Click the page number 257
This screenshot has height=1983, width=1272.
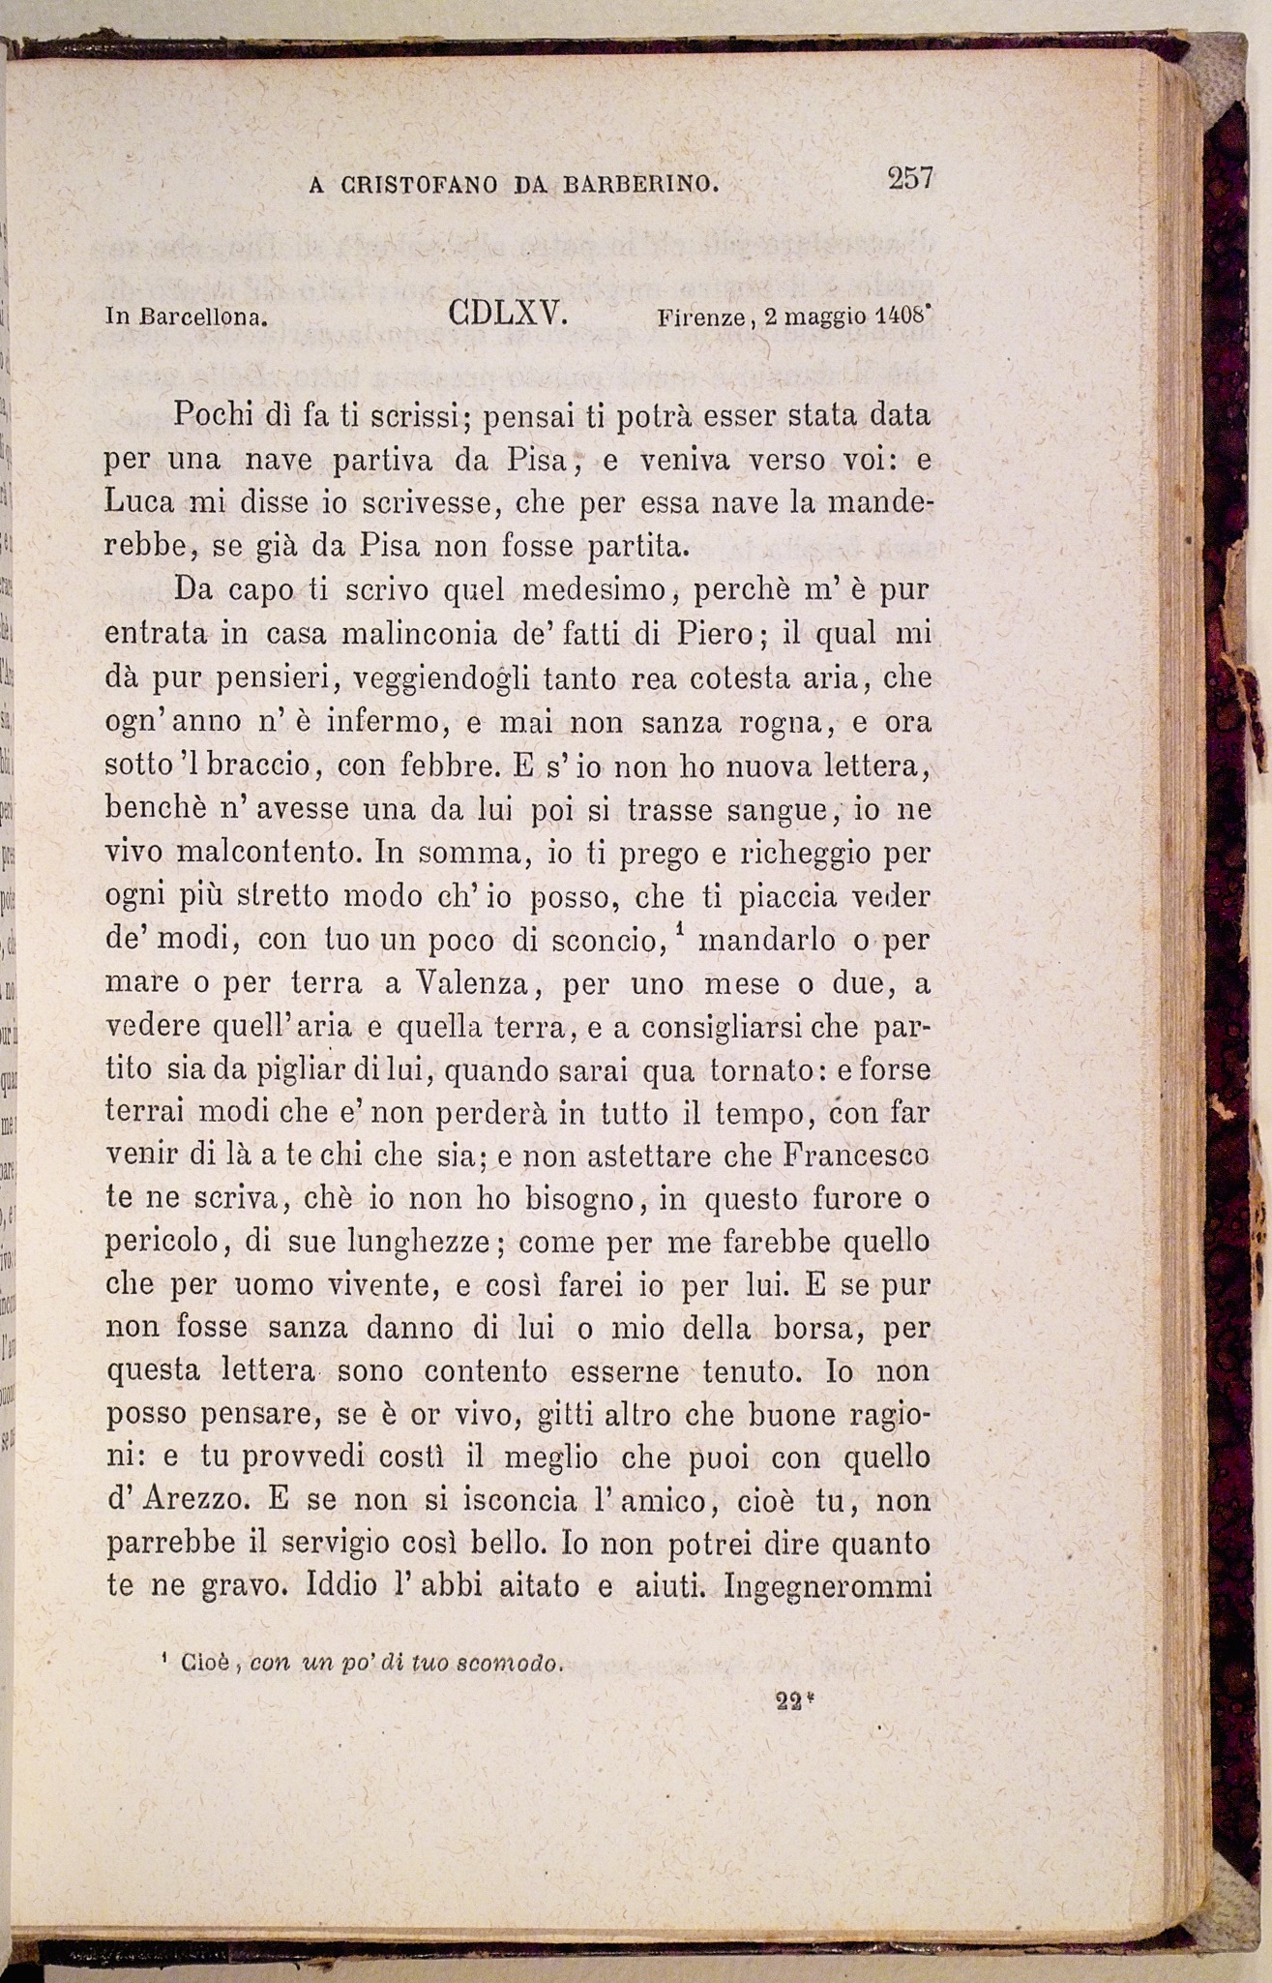tap(909, 179)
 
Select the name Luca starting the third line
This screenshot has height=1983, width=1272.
tap(139, 502)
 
